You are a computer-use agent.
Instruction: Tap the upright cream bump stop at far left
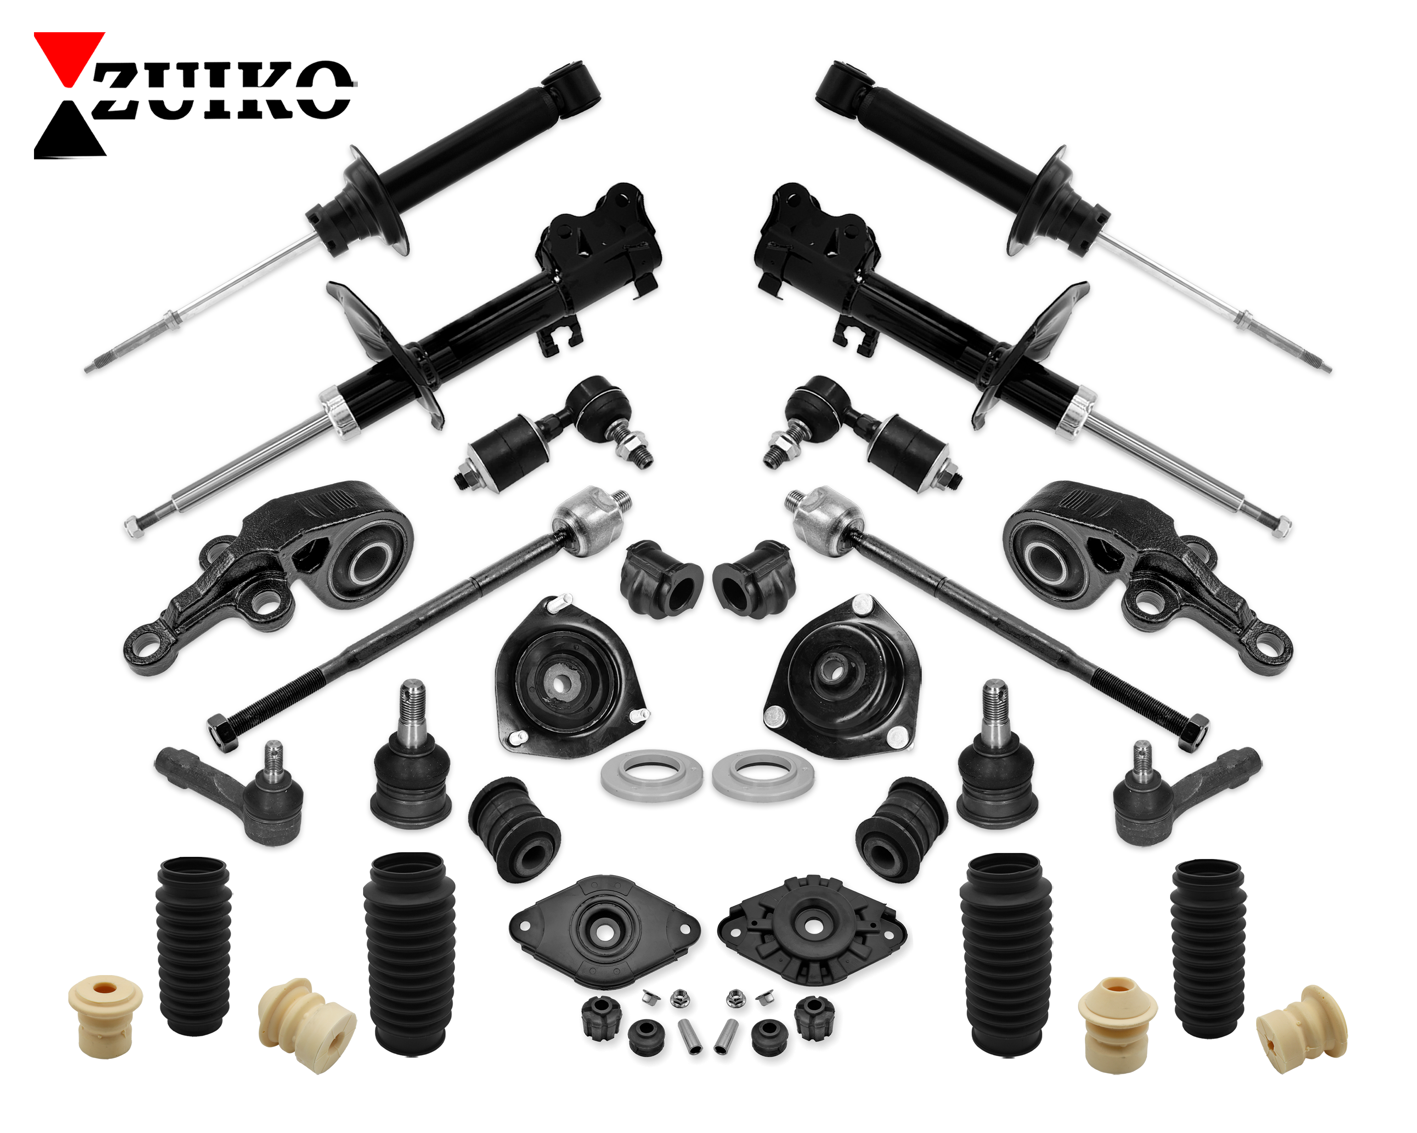[x=105, y=1015]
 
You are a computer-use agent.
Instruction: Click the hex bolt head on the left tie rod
[x=224, y=732]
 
